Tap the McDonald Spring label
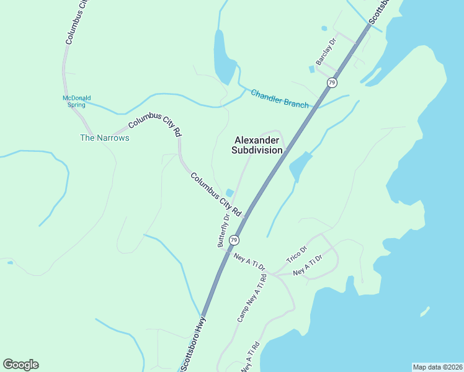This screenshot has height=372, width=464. (76, 101)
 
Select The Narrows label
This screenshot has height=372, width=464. (105, 138)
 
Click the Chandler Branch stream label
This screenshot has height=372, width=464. (279, 98)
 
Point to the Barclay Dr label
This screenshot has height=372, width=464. (325, 52)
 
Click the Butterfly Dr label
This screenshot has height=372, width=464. (224, 230)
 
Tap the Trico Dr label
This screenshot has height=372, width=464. (297, 255)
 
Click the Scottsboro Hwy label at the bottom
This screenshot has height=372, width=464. (192, 345)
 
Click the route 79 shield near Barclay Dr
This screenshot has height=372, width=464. (332, 82)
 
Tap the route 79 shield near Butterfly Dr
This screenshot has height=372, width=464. (233, 239)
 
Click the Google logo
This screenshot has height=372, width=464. (20, 365)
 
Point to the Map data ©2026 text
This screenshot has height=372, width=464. (437, 366)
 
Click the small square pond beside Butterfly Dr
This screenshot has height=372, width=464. (230, 193)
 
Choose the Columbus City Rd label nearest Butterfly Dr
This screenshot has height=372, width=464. (215, 194)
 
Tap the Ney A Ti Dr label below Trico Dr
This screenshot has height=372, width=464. (308, 265)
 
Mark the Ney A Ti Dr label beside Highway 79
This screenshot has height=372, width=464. (249, 261)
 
